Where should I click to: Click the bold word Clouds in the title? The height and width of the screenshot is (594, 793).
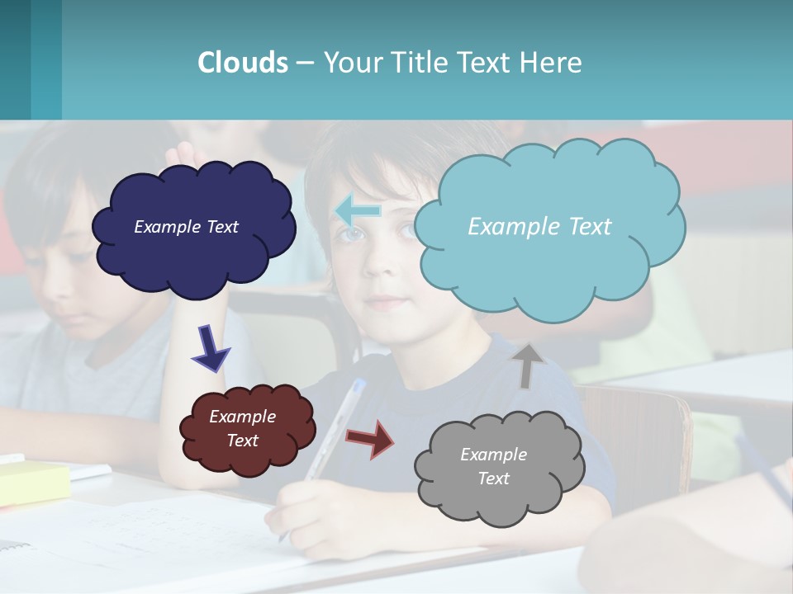[x=242, y=63]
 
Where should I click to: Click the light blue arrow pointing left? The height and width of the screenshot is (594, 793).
[x=358, y=211]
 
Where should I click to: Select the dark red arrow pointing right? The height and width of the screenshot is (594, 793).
[x=370, y=438]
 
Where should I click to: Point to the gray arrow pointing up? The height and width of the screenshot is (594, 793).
[x=528, y=365]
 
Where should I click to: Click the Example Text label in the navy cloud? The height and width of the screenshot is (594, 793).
[x=186, y=227]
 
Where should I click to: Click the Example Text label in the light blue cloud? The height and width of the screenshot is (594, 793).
[x=539, y=227]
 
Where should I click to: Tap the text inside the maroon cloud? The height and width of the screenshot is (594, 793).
[x=242, y=428]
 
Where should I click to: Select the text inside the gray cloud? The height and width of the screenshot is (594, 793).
[x=493, y=466]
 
